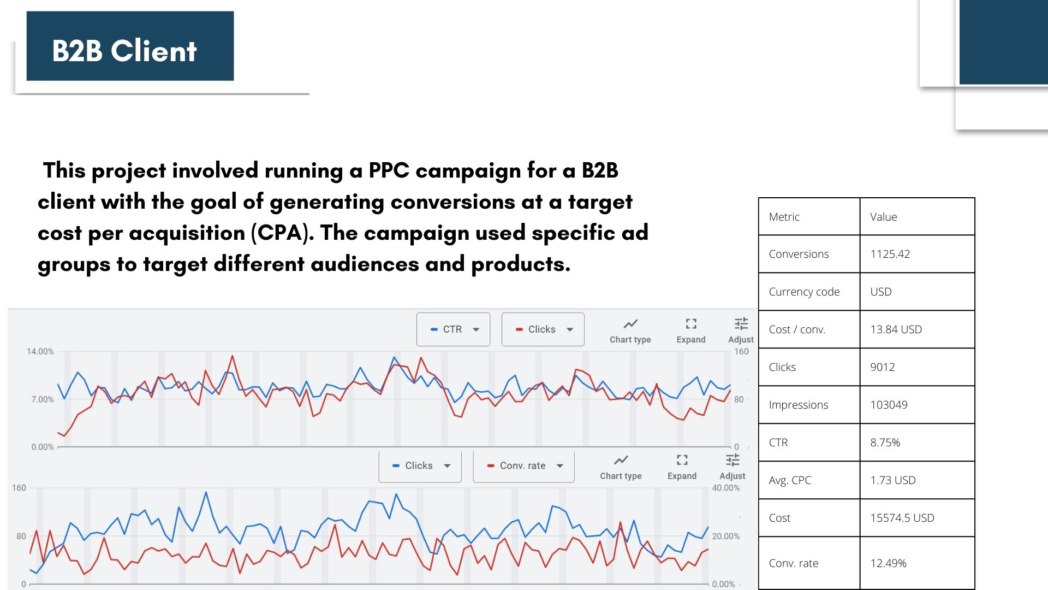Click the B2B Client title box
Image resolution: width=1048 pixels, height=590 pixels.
[x=130, y=46]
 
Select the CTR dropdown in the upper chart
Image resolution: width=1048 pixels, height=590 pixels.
[x=453, y=329]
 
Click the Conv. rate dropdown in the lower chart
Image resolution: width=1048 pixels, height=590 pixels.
[x=523, y=466]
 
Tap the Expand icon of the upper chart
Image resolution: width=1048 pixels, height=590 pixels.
[x=691, y=323]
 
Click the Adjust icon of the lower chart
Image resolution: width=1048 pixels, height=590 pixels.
[x=733, y=459]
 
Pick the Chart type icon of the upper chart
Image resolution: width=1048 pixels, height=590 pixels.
[x=630, y=323]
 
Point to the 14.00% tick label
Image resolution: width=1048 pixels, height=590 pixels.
[x=40, y=351]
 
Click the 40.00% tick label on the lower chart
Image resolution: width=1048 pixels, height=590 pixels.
[x=726, y=488]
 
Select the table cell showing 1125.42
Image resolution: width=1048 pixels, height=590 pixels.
[x=890, y=254]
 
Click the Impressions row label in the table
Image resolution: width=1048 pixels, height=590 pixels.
[x=799, y=405]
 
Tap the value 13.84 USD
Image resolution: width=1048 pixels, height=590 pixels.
[x=896, y=329]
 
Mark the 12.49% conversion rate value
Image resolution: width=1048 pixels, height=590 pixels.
[x=888, y=563]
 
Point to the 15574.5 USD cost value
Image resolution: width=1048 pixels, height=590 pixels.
[x=902, y=518]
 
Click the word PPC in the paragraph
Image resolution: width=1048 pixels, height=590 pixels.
[x=389, y=170]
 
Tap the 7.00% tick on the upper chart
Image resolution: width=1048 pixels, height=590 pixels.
[x=43, y=399]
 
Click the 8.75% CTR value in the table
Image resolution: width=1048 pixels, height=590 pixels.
[x=885, y=442]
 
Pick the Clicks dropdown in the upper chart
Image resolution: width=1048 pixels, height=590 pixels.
[x=543, y=329]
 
